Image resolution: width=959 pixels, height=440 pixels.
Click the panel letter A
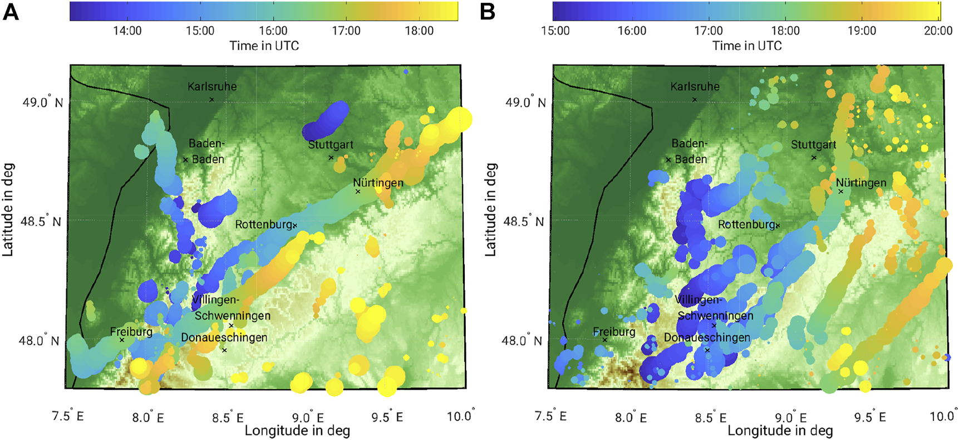[x=11, y=12]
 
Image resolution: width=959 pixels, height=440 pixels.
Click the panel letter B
[x=488, y=12]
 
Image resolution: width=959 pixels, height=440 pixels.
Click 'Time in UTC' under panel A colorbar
[x=264, y=46]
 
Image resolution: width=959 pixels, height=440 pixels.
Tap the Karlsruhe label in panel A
[x=212, y=86]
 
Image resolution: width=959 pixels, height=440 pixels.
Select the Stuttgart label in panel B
[x=813, y=145]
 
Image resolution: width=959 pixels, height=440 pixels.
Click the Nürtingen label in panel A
[x=378, y=183]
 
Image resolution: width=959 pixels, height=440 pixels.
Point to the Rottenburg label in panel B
[x=746, y=224]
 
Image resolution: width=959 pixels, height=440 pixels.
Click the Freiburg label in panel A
[x=131, y=332]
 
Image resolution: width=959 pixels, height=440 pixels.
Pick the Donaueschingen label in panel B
[x=707, y=338]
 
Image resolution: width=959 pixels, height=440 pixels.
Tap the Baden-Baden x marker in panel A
[x=186, y=159]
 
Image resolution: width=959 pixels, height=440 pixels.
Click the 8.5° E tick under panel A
[x=228, y=417]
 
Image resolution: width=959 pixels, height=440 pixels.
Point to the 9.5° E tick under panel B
[x=871, y=417]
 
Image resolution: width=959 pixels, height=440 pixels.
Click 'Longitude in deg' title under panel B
[x=780, y=431]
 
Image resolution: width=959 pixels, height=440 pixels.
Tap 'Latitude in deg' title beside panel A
[x=8, y=209]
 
